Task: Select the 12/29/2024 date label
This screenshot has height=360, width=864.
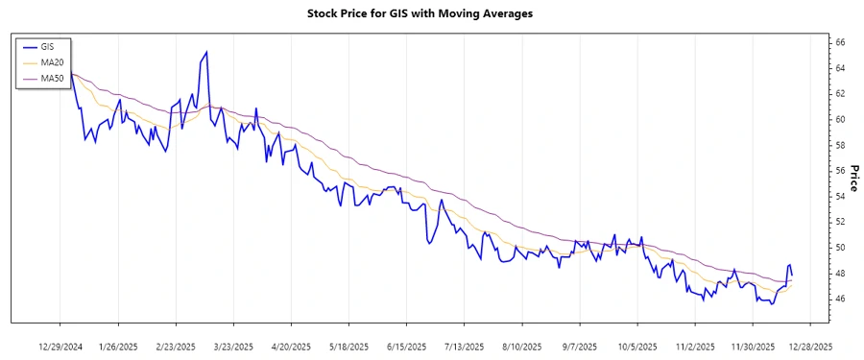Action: click(60, 346)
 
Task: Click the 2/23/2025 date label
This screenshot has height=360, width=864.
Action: click(176, 346)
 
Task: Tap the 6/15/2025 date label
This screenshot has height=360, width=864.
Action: click(406, 346)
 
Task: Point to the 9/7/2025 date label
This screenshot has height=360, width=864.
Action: click(579, 346)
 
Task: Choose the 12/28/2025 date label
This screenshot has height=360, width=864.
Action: click(809, 346)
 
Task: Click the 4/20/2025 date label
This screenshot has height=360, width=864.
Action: click(291, 346)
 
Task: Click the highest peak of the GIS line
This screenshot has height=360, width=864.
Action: click(206, 52)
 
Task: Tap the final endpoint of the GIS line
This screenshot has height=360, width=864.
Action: click(791, 276)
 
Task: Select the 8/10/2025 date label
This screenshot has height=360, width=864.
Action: click(521, 346)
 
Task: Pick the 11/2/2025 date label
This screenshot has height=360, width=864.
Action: click(694, 346)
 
